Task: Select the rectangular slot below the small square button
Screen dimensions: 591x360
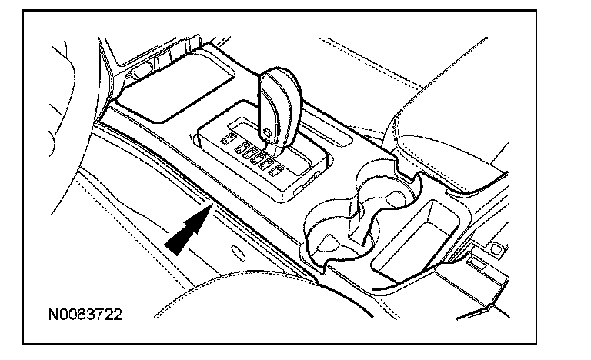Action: (x=476, y=263)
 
